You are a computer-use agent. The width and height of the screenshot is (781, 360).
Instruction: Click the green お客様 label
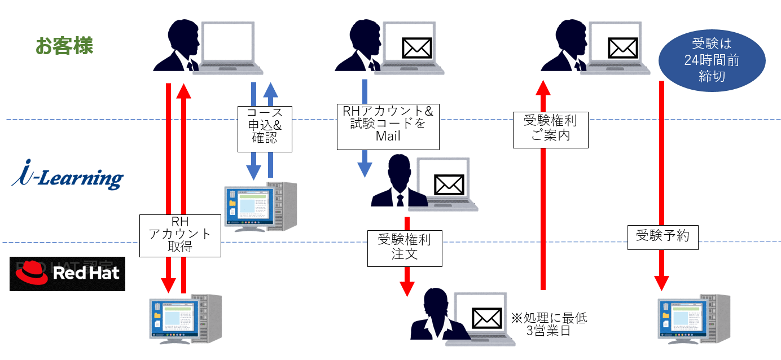coord(64,46)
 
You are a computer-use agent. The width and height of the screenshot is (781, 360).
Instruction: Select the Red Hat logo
coord(67,274)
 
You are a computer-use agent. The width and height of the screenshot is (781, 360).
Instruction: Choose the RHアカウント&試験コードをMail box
coord(388,126)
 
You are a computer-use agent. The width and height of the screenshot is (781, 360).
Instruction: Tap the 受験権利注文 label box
coord(404,247)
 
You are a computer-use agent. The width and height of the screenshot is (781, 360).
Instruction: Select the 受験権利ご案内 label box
coord(550,128)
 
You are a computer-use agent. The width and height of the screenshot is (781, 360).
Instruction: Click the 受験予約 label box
coord(662,236)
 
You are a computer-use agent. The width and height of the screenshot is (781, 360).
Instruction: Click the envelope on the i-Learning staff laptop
coord(449,185)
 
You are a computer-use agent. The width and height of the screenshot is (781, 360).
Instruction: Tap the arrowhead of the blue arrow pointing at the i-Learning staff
coord(365,169)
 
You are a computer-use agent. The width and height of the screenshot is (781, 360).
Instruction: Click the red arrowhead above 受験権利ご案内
coord(542,88)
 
